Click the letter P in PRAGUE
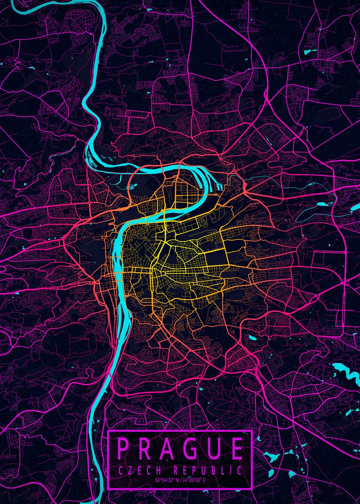point(124,449)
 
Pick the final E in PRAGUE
point(236,449)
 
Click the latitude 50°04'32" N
point(168,480)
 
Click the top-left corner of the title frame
point(108,431)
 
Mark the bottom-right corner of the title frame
point(251,489)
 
